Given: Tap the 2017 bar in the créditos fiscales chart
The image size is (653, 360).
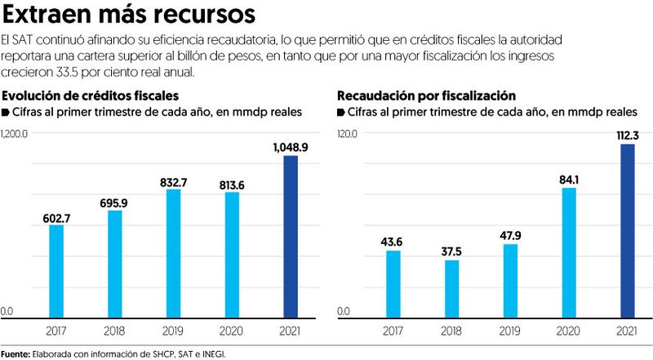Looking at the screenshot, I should coord(56,270).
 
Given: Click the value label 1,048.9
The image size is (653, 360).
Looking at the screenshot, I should coord(290,147).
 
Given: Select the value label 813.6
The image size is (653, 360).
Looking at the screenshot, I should coord(232,184).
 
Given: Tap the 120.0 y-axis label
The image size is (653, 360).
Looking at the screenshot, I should coord(349,134).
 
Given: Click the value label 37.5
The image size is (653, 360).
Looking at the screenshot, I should coord(451,251).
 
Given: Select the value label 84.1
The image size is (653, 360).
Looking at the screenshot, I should coord(568,180).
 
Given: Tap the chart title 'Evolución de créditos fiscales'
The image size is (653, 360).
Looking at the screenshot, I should coord(91,96).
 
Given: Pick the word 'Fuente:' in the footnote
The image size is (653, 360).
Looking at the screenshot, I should coord(15,353).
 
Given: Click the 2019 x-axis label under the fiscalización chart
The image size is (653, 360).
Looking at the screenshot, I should coord(510,331).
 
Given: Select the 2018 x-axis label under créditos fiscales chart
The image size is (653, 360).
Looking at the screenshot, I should coord(115,331).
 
